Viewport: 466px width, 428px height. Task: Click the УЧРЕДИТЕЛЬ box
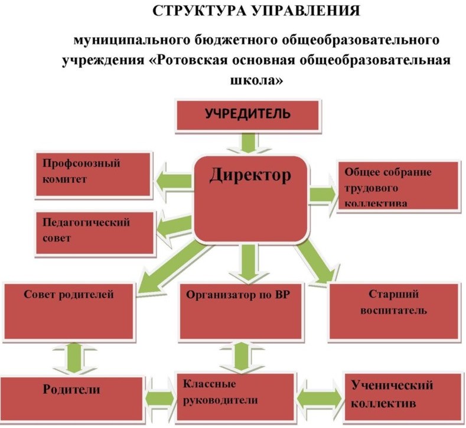point(247,116)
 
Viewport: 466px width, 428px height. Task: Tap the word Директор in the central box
point(250,175)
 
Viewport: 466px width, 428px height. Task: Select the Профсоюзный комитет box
point(93,174)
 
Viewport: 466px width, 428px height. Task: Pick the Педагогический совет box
point(95,233)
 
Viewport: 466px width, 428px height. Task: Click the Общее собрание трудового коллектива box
point(397,186)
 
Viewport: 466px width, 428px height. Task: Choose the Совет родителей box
point(69,311)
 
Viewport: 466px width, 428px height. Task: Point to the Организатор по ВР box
point(240,311)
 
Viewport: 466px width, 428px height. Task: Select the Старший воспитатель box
point(393,311)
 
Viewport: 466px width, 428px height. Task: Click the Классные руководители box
point(235,396)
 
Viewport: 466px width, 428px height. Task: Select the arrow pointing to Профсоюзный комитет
point(172,181)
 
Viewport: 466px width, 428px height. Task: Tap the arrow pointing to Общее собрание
point(323,195)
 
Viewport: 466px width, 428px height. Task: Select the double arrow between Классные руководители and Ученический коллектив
point(319,397)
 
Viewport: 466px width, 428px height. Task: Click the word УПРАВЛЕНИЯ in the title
point(306,11)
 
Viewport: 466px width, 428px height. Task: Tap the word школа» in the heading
point(257,80)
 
